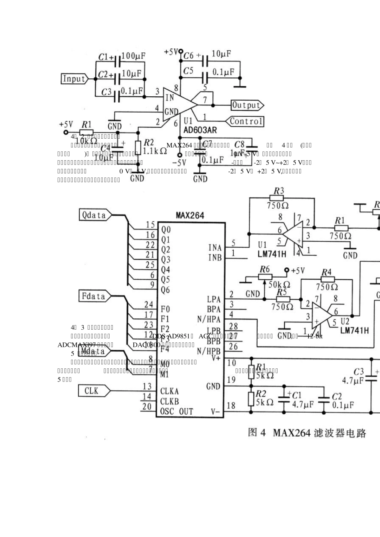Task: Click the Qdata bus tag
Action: [x=94, y=215]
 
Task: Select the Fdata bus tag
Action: [x=94, y=296]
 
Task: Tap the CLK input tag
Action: [x=92, y=390]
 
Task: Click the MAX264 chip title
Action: [x=190, y=216]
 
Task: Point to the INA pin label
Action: [x=215, y=248]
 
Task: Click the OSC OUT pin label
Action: [x=177, y=411]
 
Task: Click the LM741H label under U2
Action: [x=354, y=331]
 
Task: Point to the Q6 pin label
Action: [x=165, y=290]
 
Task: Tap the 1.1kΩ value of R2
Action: [x=155, y=151]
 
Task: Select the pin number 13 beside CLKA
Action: [x=147, y=386]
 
